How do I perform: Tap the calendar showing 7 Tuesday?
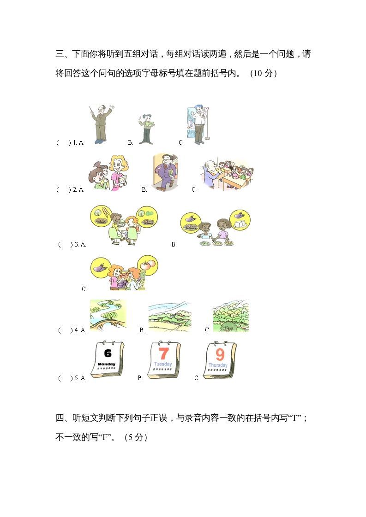coord(163,359)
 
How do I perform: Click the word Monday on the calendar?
coord(107,364)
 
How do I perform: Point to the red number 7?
coord(163,353)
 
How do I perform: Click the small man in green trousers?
coord(146,129)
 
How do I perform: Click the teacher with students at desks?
coord(227,176)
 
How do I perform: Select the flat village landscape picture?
coord(169,317)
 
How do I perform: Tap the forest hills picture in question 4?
coord(231,317)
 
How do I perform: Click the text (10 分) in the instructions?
coord(263,73)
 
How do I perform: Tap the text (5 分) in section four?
coord(136,438)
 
